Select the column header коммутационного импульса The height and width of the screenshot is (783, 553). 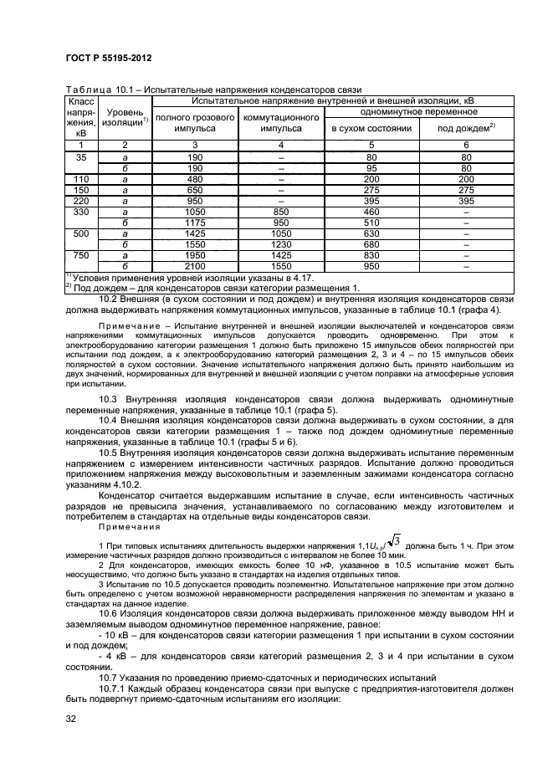[x=281, y=123]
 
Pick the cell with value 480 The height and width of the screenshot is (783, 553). [x=196, y=179]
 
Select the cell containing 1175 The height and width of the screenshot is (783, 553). [x=196, y=223]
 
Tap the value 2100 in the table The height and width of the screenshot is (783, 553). [x=196, y=265]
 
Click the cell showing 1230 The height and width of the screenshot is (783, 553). [x=281, y=244]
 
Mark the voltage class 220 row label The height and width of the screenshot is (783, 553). [x=81, y=201]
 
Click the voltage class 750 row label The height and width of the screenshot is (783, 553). [x=81, y=254]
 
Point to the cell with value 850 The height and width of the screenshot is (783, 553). [x=281, y=212]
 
